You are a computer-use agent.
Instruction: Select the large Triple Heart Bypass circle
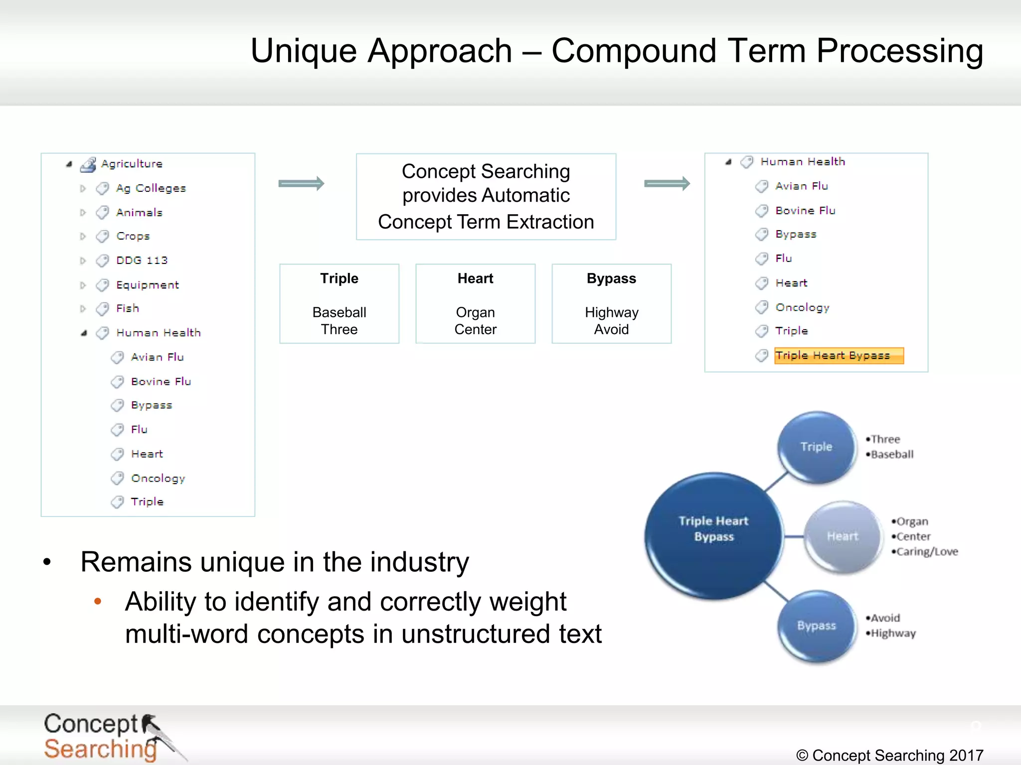coord(713,535)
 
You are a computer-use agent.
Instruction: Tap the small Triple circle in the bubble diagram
coord(817,447)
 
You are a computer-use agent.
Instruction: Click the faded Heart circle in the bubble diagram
coord(843,536)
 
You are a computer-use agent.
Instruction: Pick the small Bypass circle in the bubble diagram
coord(817,626)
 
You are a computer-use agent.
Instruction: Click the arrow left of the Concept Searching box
coord(301,184)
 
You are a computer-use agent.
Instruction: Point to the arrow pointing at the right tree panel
coord(667,184)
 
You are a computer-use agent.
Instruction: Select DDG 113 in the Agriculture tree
coord(142,260)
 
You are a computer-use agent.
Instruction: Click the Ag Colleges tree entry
coord(151,188)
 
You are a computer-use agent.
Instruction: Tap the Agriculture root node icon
coord(88,164)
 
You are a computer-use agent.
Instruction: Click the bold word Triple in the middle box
coord(339,278)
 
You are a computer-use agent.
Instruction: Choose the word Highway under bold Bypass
coord(611,312)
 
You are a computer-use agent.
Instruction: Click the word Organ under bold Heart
coord(475,312)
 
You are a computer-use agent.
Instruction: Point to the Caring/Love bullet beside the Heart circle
coord(926,552)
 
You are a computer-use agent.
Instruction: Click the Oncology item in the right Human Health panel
coord(802,307)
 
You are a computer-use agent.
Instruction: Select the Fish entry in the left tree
coord(128,308)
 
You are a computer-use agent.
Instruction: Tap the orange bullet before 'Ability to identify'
coord(98,602)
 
